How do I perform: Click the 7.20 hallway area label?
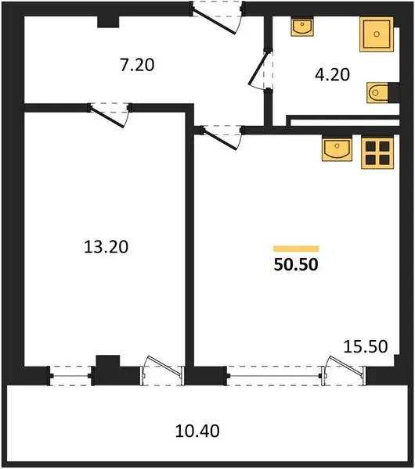(137, 65)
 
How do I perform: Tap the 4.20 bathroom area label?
(332, 74)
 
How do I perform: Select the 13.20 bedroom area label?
(106, 247)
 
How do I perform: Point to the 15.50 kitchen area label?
(366, 346)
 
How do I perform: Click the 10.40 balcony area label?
(197, 431)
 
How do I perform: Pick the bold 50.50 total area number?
(296, 264)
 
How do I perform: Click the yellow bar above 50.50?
(296, 249)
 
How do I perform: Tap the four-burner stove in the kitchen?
(377, 152)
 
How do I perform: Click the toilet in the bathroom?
(377, 93)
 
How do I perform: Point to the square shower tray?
(377, 34)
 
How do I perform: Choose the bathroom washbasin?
(302, 27)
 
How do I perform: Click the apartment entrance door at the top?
(217, 18)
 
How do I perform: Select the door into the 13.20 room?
(110, 115)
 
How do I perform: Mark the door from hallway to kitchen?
(222, 138)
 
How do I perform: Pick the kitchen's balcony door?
(344, 371)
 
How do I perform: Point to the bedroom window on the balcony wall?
(70, 376)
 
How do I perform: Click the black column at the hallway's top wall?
(108, 22)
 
